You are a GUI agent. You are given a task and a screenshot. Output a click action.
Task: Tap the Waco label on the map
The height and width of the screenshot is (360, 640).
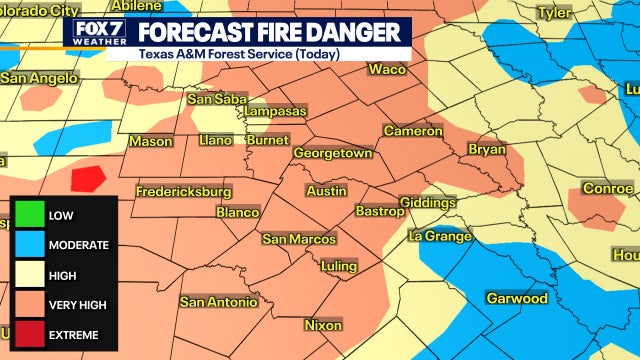click(x=387, y=69)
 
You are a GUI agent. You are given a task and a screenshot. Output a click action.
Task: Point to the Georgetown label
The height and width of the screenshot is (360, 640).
click(x=332, y=153)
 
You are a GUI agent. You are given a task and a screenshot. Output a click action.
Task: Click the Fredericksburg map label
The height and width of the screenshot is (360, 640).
click(x=184, y=191)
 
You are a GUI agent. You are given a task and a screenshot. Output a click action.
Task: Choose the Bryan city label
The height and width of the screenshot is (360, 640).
click(x=487, y=149)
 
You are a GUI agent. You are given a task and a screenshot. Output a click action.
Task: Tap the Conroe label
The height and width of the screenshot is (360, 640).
click(x=608, y=188)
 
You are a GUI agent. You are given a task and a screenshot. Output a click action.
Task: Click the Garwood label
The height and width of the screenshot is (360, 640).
click(x=516, y=298)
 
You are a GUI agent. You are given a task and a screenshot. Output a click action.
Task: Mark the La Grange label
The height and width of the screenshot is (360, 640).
click(x=439, y=236)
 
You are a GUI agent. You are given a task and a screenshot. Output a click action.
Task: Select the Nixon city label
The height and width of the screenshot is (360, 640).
click(x=322, y=325)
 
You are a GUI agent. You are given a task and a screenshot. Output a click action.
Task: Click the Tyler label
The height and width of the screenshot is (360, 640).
click(x=553, y=13)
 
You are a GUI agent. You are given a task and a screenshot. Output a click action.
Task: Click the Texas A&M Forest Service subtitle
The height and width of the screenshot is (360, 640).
click(x=239, y=53)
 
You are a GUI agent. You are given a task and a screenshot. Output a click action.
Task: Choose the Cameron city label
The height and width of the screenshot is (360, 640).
click(x=412, y=131)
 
